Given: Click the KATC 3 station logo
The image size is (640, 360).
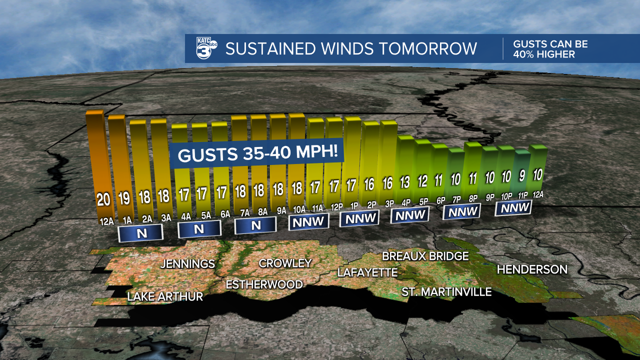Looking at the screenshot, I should [x=206, y=48].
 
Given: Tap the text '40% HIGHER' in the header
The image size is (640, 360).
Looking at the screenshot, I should [x=544, y=54].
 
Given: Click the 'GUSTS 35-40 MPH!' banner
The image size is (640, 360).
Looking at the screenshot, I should [x=256, y=153].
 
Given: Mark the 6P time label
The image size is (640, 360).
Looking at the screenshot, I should [x=440, y=200].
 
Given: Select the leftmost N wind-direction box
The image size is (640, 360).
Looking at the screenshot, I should [x=140, y=233].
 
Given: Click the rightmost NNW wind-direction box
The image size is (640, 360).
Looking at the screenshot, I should [x=514, y=207].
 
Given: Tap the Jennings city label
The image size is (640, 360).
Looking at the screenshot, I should [x=187, y=263].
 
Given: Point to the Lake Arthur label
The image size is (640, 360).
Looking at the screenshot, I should [x=165, y=296].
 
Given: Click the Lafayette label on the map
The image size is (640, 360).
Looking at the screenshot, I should [x=367, y=272].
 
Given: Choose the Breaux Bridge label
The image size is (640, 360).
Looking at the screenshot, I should [x=425, y=256].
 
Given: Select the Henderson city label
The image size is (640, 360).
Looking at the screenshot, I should [x=532, y=269].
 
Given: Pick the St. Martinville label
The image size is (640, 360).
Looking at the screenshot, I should [x=446, y=291].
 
